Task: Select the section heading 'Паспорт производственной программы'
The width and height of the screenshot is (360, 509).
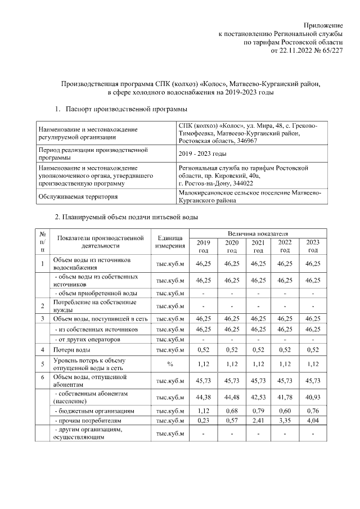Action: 126,109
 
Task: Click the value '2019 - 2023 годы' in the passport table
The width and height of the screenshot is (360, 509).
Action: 202,154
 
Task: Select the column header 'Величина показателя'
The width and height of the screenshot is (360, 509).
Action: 258,233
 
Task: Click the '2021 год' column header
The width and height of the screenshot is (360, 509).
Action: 258,246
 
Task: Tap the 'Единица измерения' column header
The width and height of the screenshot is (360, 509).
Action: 170,241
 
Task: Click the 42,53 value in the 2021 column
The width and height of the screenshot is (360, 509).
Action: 258,398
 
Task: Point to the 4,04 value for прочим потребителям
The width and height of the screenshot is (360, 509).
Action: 313,420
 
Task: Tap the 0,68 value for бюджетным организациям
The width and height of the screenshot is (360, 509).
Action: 231,411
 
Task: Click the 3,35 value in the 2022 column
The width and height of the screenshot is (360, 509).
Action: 285,420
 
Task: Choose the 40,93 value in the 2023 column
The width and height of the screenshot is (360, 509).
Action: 313,398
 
